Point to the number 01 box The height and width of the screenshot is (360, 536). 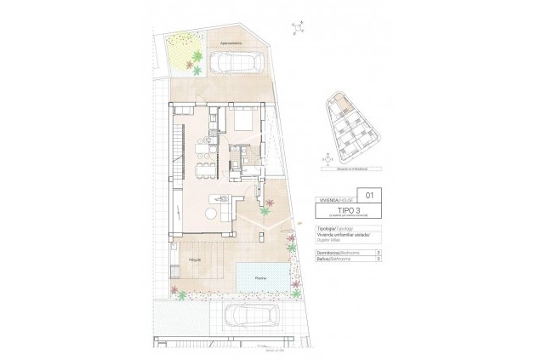coord(368,195)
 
